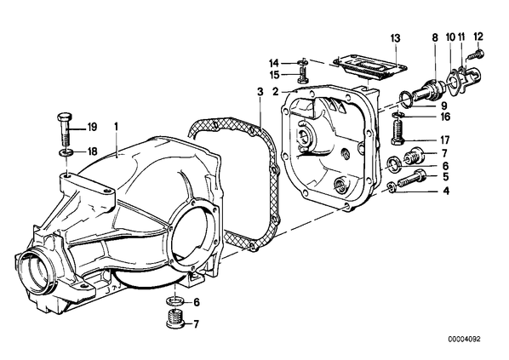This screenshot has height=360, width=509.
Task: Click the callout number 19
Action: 92,128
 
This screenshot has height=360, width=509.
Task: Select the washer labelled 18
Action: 66,152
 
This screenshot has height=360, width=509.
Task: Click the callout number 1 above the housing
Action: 117,127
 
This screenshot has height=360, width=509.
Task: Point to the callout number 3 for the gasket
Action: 260,92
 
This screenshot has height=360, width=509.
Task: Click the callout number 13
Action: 396,38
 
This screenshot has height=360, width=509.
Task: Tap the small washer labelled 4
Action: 392,187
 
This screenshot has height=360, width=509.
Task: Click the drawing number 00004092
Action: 464,340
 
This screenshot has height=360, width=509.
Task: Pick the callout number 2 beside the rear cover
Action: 275,92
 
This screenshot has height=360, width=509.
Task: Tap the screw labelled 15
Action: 302,75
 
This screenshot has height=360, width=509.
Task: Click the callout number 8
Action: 435,38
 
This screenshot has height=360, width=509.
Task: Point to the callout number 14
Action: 274,62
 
